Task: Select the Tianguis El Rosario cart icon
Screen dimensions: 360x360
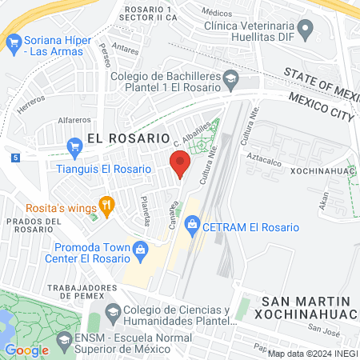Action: point(75,146)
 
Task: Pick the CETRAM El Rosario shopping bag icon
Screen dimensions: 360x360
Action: point(191,227)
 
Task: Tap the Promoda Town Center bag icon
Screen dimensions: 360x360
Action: point(141,248)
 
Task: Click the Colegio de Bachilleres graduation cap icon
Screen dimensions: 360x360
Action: point(231,77)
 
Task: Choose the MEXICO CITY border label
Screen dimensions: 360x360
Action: point(320,106)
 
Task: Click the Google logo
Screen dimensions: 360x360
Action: point(26,350)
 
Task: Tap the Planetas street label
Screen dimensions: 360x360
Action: point(145,211)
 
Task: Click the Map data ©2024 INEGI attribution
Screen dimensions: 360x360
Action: point(312,354)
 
